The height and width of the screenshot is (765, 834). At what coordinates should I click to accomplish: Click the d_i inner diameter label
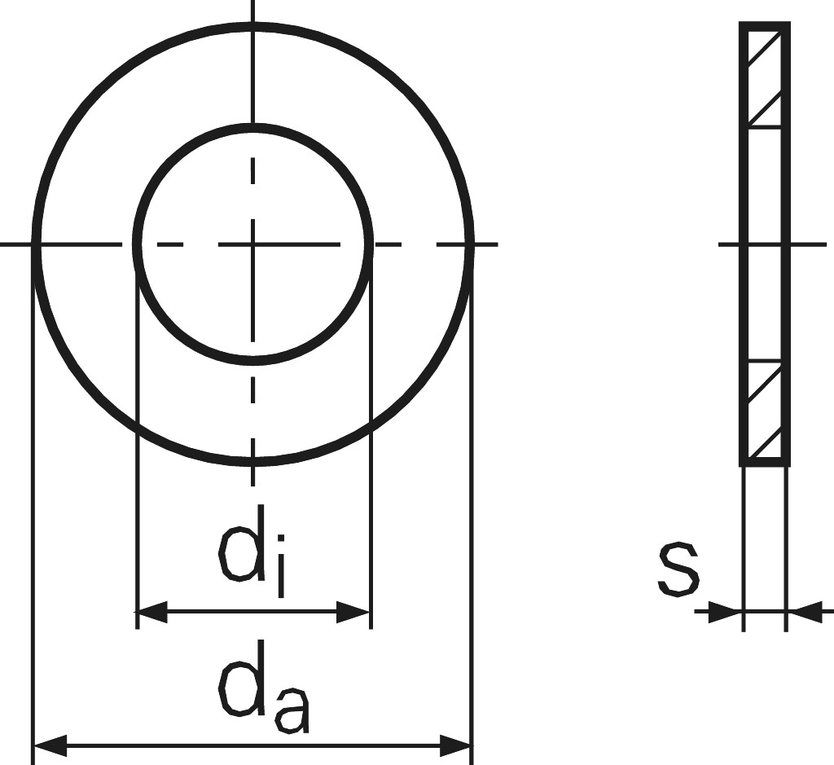click(x=252, y=559)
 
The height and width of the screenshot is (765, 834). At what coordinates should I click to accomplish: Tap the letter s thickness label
click(x=678, y=568)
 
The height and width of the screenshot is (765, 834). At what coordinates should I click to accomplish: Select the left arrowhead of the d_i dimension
click(x=151, y=612)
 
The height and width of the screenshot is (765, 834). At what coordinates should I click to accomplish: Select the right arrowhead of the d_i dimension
click(x=354, y=612)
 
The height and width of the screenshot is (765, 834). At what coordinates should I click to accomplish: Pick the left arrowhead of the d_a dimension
click(x=49, y=745)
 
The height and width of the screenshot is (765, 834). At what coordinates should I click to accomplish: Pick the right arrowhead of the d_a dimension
click(x=456, y=745)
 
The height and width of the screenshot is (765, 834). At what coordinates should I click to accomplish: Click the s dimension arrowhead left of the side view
click(x=725, y=611)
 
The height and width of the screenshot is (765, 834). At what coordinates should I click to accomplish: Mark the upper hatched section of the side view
click(x=765, y=77)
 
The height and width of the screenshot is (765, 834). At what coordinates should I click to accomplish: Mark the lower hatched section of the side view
click(x=765, y=411)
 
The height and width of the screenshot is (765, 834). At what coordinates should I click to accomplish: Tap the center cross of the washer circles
click(x=253, y=244)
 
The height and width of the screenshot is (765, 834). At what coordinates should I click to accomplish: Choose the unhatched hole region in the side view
click(x=765, y=244)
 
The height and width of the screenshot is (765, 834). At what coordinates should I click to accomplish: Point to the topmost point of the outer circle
click(x=253, y=26)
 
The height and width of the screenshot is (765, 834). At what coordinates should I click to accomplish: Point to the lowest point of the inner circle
click(x=253, y=361)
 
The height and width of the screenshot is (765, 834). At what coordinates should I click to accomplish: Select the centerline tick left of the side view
click(x=730, y=244)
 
